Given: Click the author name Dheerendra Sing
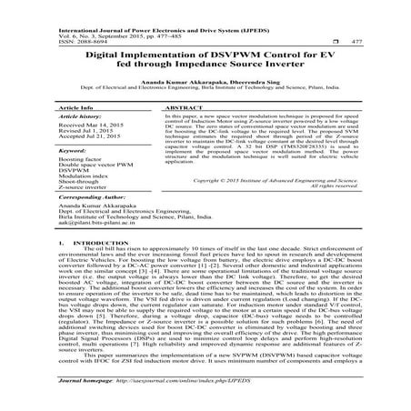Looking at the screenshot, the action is point(239,82).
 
